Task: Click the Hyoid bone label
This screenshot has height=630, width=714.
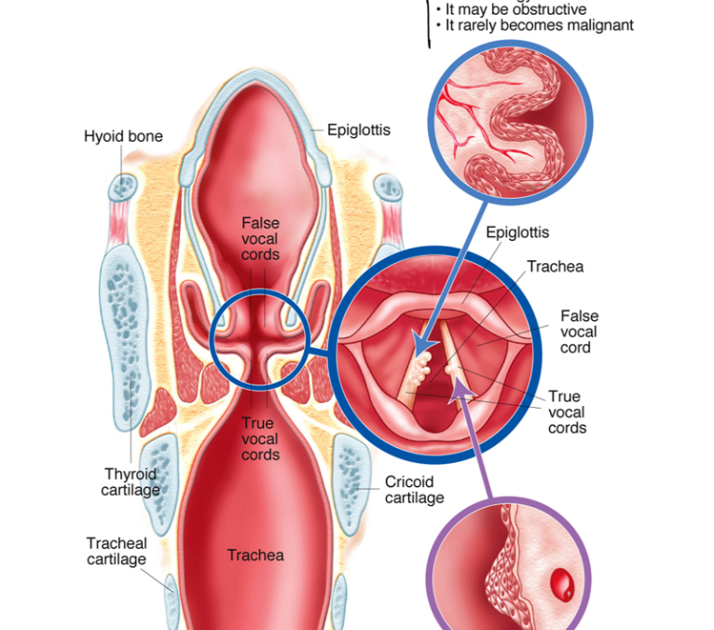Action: (x=123, y=136)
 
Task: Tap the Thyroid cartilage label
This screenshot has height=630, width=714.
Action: (x=130, y=482)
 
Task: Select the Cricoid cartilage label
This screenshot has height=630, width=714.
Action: (x=415, y=490)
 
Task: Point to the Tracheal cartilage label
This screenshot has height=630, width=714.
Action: (x=117, y=552)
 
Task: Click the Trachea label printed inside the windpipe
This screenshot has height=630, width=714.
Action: (x=255, y=555)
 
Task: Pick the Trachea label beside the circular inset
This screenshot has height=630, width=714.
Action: (x=556, y=266)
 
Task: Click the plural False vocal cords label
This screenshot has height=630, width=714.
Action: (x=260, y=238)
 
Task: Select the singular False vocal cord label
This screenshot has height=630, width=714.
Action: (x=579, y=331)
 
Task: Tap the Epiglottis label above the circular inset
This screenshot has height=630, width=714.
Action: (x=517, y=232)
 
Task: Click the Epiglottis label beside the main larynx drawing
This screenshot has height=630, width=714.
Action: (x=359, y=130)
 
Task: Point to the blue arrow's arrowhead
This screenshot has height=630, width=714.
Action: (x=423, y=346)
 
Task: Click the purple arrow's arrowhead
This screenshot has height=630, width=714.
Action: (x=461, y=391)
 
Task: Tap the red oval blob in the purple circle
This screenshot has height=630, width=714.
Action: (x=562, y=585)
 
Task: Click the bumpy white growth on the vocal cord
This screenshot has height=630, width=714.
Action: (x=419, y=369)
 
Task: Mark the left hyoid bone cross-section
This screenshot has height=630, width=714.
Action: (x=122, y=188)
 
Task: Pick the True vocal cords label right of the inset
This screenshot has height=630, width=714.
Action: (x=567, y=413)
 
